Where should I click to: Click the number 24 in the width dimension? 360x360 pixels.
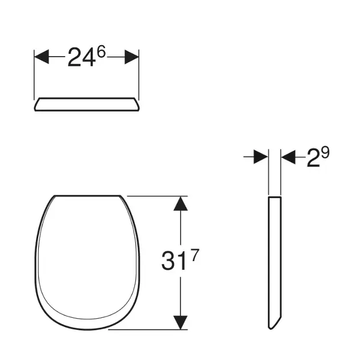(x=81, y=57)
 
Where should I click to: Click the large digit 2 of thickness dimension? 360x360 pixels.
(x=313, y=158)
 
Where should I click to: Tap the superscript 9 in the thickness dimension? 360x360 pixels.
(x=325, y=153)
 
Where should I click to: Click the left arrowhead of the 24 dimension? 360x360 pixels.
(x=42, y=57)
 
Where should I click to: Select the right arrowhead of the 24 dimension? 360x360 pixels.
(x=131, y=57)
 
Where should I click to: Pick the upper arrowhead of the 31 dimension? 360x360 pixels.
(x=181, y=203)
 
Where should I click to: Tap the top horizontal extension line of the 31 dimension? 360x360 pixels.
(x=154, y=196)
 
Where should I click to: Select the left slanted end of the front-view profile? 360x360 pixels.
(x=37, y=105)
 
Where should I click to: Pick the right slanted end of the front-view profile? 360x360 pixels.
(x=137, y=105)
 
